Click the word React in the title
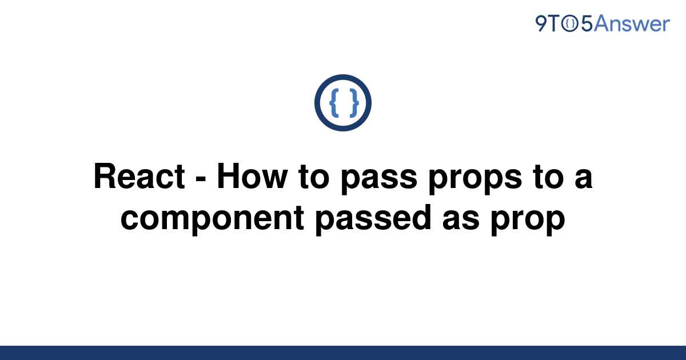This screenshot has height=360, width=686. click(139, 177)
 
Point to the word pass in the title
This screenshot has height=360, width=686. click(379, 181)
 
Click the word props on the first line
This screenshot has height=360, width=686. click(475, 181)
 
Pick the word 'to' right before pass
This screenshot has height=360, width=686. click(314, 177)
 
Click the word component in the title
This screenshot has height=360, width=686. click(212, 221)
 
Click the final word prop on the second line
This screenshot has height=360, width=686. click(528, 222)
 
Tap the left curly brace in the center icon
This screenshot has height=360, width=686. click(334, 103)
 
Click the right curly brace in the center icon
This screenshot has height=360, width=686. click(354, 103)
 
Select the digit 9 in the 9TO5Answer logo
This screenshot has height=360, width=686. click(541, 24)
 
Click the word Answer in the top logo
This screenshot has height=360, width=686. click(632, 23)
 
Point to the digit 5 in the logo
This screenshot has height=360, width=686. click(587, 24)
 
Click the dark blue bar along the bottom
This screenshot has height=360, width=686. click(343, 353)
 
